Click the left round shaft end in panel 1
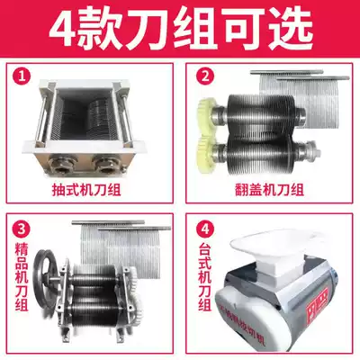[61, 162]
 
